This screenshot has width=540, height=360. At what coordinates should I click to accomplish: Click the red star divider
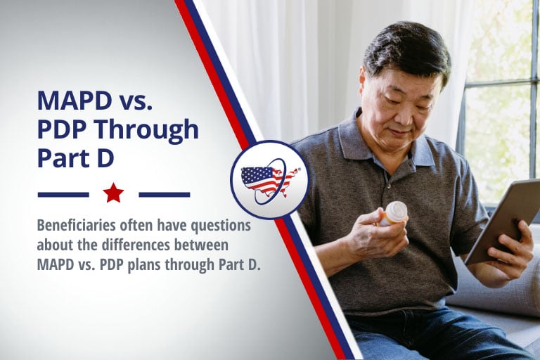pos(113,193)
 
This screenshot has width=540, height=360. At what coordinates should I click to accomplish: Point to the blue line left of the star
pos(63,195)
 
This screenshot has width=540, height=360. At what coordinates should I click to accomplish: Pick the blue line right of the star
pos(165,195)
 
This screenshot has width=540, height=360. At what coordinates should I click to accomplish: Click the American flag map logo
pos(270,180)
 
